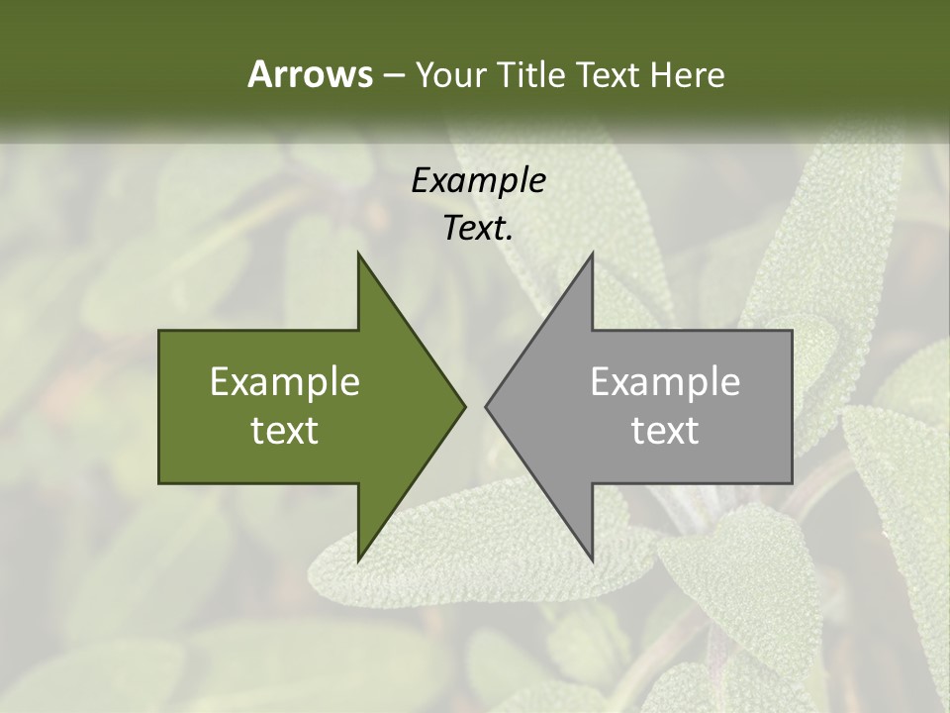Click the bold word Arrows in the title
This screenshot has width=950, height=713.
click(x=309, y=74)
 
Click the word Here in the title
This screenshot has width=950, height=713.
click(x=687, y=74)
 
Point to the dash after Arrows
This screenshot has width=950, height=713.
click(x=393, y=76)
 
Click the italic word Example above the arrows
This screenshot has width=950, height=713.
click(x=478, y=181)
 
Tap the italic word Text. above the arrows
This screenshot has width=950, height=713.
click(x=478, y=228)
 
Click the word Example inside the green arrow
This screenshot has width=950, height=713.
click(x=284, y=382)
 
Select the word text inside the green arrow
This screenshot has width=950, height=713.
click(x=284, y=430)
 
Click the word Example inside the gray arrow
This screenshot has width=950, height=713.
click(x=665, y=382)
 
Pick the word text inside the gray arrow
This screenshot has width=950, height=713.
click(x=665, y=430)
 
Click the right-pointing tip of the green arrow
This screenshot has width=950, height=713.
click(x=465, y=406)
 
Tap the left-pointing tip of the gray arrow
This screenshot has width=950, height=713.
click(x=486, y=406)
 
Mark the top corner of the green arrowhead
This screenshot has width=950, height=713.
click(x=358, y=253)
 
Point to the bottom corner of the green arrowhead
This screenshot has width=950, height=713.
click(x=358, y=560)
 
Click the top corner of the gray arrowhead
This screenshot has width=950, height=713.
click(x=592, y=253)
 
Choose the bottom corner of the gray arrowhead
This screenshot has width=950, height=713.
click(x=592, y=560)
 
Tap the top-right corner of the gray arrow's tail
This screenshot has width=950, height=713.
click(x=792, y=331)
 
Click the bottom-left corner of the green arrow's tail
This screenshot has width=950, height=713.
click(x=159, y=483)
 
